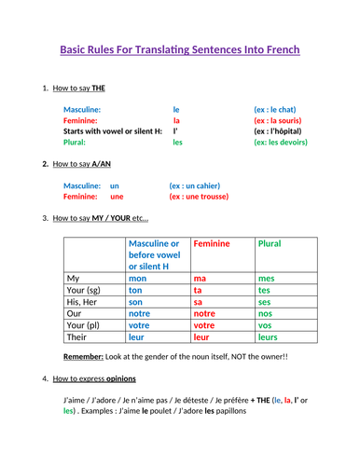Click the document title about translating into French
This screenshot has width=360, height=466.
(180, 49)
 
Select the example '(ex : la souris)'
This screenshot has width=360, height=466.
(281, 120)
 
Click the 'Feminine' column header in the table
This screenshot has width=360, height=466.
(211, 243)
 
